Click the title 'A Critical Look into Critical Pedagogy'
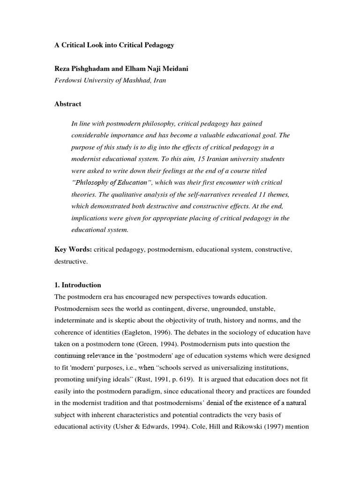(x=114, y=45)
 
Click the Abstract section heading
(x=68, y=104)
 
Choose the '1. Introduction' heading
(x=78, y=285)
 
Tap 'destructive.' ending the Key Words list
(x=71, y=262)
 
